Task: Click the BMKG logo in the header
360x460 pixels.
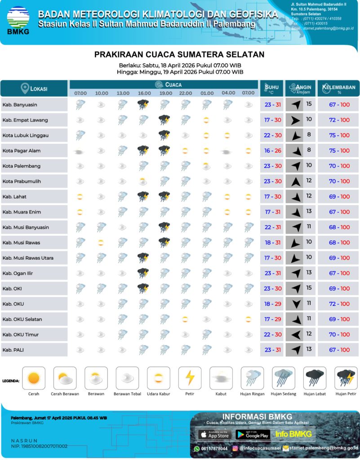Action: pos(18,21)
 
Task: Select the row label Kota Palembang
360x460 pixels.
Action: pos(22,166)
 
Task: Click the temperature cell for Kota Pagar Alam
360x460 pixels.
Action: pos(272,151)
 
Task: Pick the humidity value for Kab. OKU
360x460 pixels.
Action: pos(339,304)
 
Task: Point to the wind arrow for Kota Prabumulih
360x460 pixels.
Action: pos(295,181)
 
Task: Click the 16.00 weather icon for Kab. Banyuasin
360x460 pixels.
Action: pos(144,105)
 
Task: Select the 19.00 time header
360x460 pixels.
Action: pos(166,93)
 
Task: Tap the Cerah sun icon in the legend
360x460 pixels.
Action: pos(34,378)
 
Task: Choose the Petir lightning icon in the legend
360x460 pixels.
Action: pos(190,378)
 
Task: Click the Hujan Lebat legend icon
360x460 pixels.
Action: pos(315,378)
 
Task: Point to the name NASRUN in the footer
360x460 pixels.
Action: pos(24,440)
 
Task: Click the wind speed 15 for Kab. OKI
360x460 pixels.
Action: pos(309,288)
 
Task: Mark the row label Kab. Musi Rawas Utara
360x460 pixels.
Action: pos(28,258)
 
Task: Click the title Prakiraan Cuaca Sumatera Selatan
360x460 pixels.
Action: pos(179,55)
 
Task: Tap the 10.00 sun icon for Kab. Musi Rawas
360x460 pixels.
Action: pos(102,243)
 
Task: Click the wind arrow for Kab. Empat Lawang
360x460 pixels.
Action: pos(295,120)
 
